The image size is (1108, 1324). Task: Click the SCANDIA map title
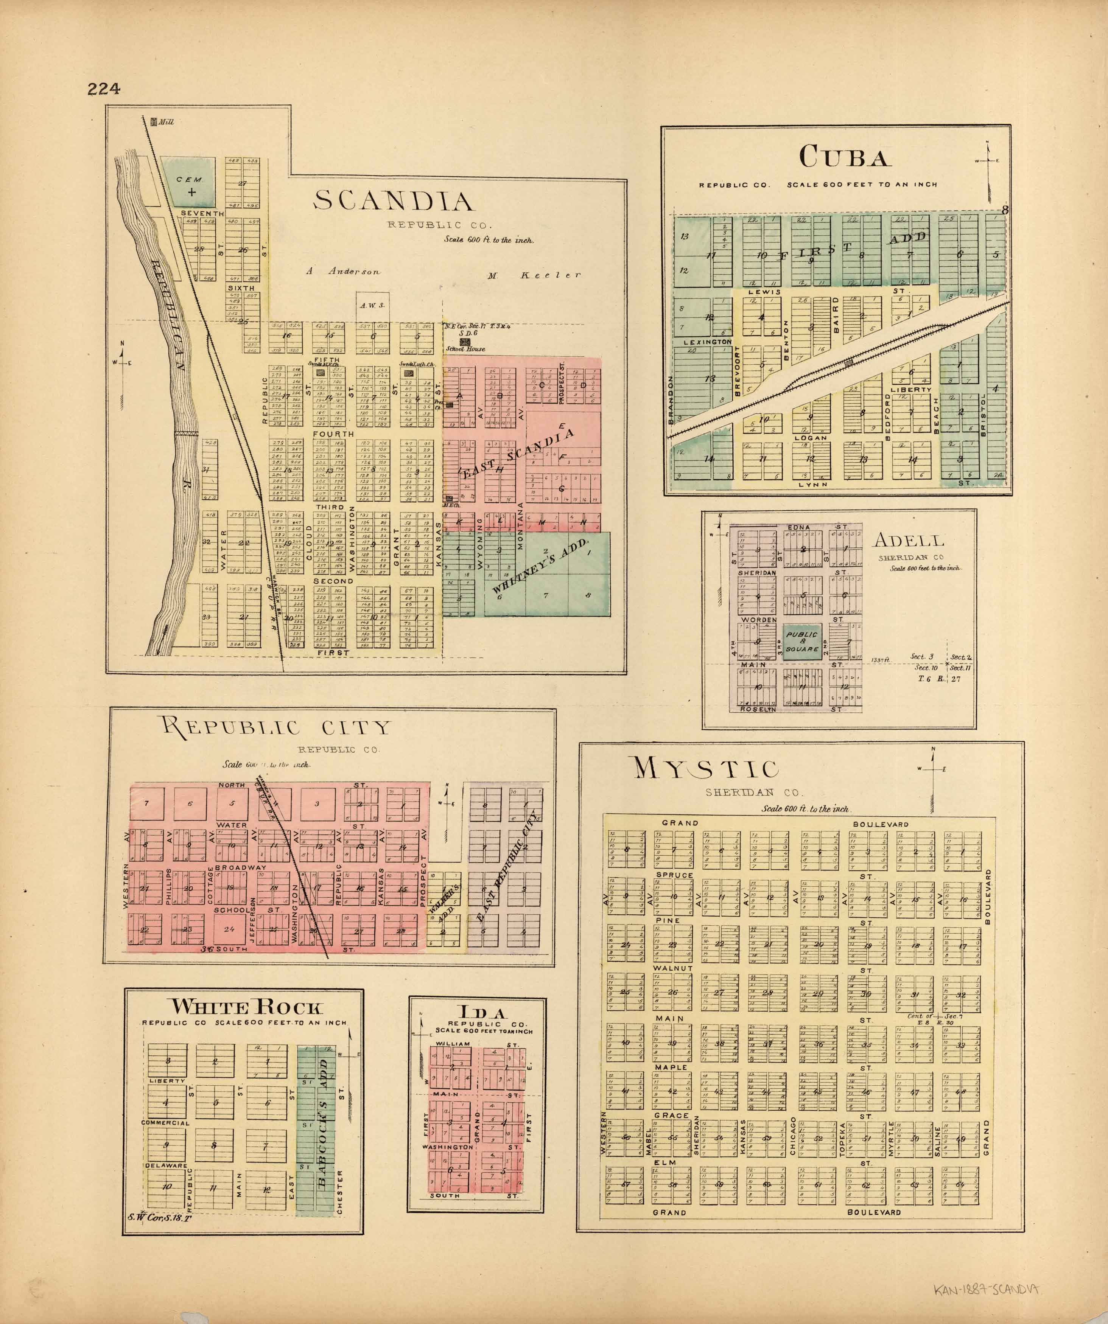click(x=394, y=201)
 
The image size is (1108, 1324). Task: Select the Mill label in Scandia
click(x=166, y=122)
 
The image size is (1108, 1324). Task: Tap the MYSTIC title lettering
click(x=706, y=769)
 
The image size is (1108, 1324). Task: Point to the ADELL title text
click(x=908, y=540)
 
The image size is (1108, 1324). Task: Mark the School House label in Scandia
click(x=465, y=349)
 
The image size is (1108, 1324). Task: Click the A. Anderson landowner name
click(x=344, y=271)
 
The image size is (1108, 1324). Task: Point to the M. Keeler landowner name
click(x=534, y=275)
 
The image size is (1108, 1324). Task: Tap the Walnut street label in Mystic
click(x=673, y=968)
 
